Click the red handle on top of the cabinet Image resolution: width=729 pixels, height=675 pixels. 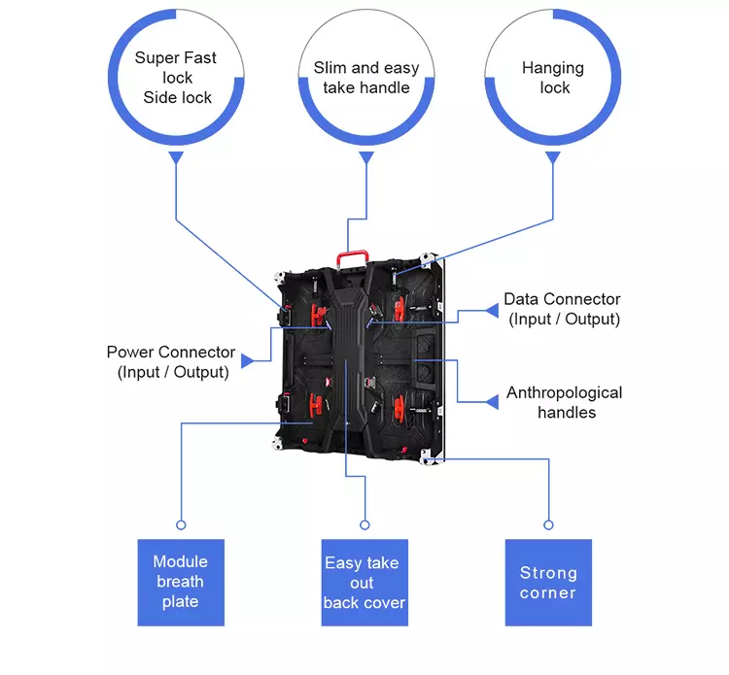tap(352, 255)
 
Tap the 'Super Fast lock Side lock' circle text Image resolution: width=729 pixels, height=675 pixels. tap(176, 78)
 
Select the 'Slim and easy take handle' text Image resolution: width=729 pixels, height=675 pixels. tap(366, 78)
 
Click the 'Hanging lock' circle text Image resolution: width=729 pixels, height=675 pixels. tap(553, 78)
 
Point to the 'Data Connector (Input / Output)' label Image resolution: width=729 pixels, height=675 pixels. tap(562, 309)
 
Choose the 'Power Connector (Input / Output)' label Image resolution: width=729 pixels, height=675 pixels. tap(171, 361)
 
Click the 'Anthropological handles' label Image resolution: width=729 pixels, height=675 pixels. tap(565, 402)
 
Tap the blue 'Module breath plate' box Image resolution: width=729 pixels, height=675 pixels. tap(181, 582)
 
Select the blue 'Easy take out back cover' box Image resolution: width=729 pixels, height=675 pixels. tap(364, 582)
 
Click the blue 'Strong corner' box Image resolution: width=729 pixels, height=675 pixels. tap(548, 582)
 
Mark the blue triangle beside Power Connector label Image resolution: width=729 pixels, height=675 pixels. tap(247, 360)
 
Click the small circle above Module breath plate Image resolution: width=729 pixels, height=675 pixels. tap(181, 524)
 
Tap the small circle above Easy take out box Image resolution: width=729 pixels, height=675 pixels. tap(364, 524)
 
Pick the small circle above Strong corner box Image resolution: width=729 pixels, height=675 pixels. tap(548, 524)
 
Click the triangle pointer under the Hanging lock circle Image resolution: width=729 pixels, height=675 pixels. tap(553, 157)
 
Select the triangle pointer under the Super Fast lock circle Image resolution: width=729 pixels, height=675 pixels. tap(176, 157)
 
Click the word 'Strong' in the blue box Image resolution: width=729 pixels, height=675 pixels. tap(548, 572)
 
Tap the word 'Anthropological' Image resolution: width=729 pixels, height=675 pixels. tap(565, 392)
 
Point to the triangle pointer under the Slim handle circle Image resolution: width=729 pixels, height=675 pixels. tap(366, 157)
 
